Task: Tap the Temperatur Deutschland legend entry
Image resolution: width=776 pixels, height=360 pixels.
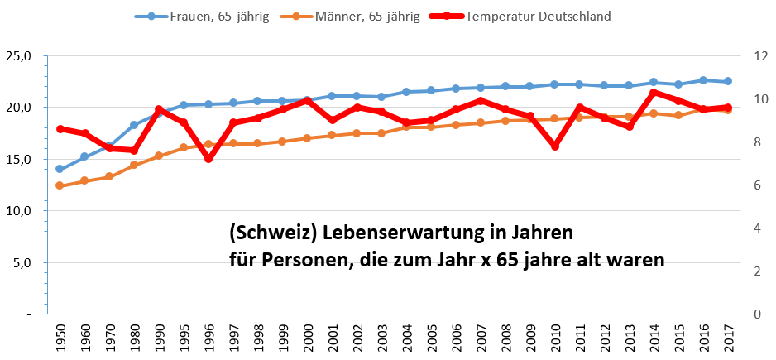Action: point(538,17)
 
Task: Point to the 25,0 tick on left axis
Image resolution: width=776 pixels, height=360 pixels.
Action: point(19,56)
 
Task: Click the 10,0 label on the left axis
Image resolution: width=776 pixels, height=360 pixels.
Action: point(19,211)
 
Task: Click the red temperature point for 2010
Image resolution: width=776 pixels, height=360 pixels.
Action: point(555,146)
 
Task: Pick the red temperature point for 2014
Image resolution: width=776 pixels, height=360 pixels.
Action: point(654,93)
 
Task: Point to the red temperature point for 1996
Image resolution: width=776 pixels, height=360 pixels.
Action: point(208,159)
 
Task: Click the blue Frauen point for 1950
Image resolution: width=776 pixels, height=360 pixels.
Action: point(60,169)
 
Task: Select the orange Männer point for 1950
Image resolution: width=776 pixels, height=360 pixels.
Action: point(60,185)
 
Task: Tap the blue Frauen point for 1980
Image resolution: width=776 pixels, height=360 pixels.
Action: point(134,125)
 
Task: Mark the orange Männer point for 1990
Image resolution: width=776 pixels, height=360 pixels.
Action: point(159,156)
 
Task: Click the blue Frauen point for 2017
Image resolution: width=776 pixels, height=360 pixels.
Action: point(728,81)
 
